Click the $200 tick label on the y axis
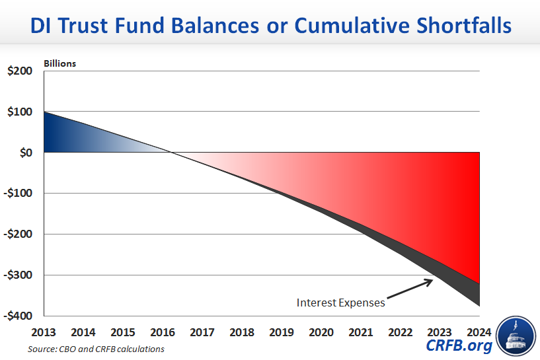(x=20, y=71)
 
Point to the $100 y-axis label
(x=20, y=112)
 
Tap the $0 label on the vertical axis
(x=25, y=153)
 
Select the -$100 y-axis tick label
(x=18, y=194)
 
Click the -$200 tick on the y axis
(x=18, y=234)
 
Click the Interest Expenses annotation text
(x=340, y=303)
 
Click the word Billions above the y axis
(x=60, y=64)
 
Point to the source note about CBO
(x=96, y=349)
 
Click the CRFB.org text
(x=459, y=345)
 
